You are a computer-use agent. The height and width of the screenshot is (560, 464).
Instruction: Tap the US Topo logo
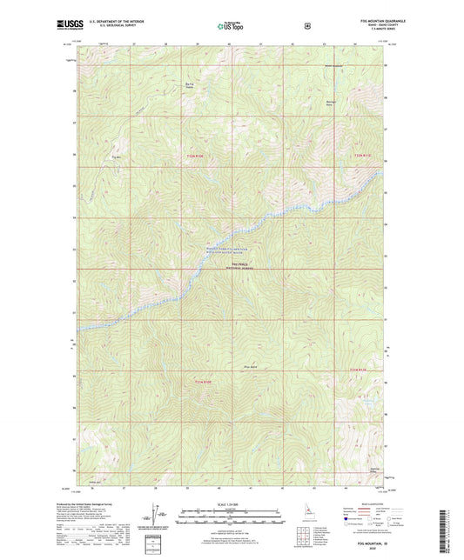point(232,27)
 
